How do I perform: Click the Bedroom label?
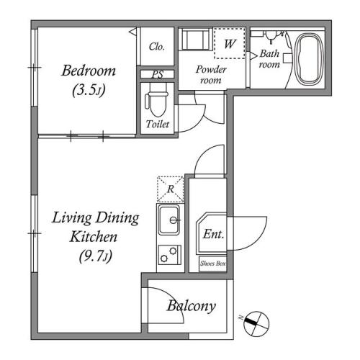89,71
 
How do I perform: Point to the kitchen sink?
169,220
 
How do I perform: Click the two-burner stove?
169,255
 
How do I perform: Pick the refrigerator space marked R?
171,189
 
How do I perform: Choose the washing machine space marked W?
230,43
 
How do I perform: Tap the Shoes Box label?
213,264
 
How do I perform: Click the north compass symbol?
256,324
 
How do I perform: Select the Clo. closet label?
157,47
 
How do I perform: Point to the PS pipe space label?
158,74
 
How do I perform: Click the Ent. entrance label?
214,234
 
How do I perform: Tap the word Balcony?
192,306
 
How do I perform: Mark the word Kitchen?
94,237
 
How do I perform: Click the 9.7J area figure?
96,256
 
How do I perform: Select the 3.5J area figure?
89,90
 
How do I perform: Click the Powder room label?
211,75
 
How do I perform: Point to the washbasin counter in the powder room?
196,40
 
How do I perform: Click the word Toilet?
158,124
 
